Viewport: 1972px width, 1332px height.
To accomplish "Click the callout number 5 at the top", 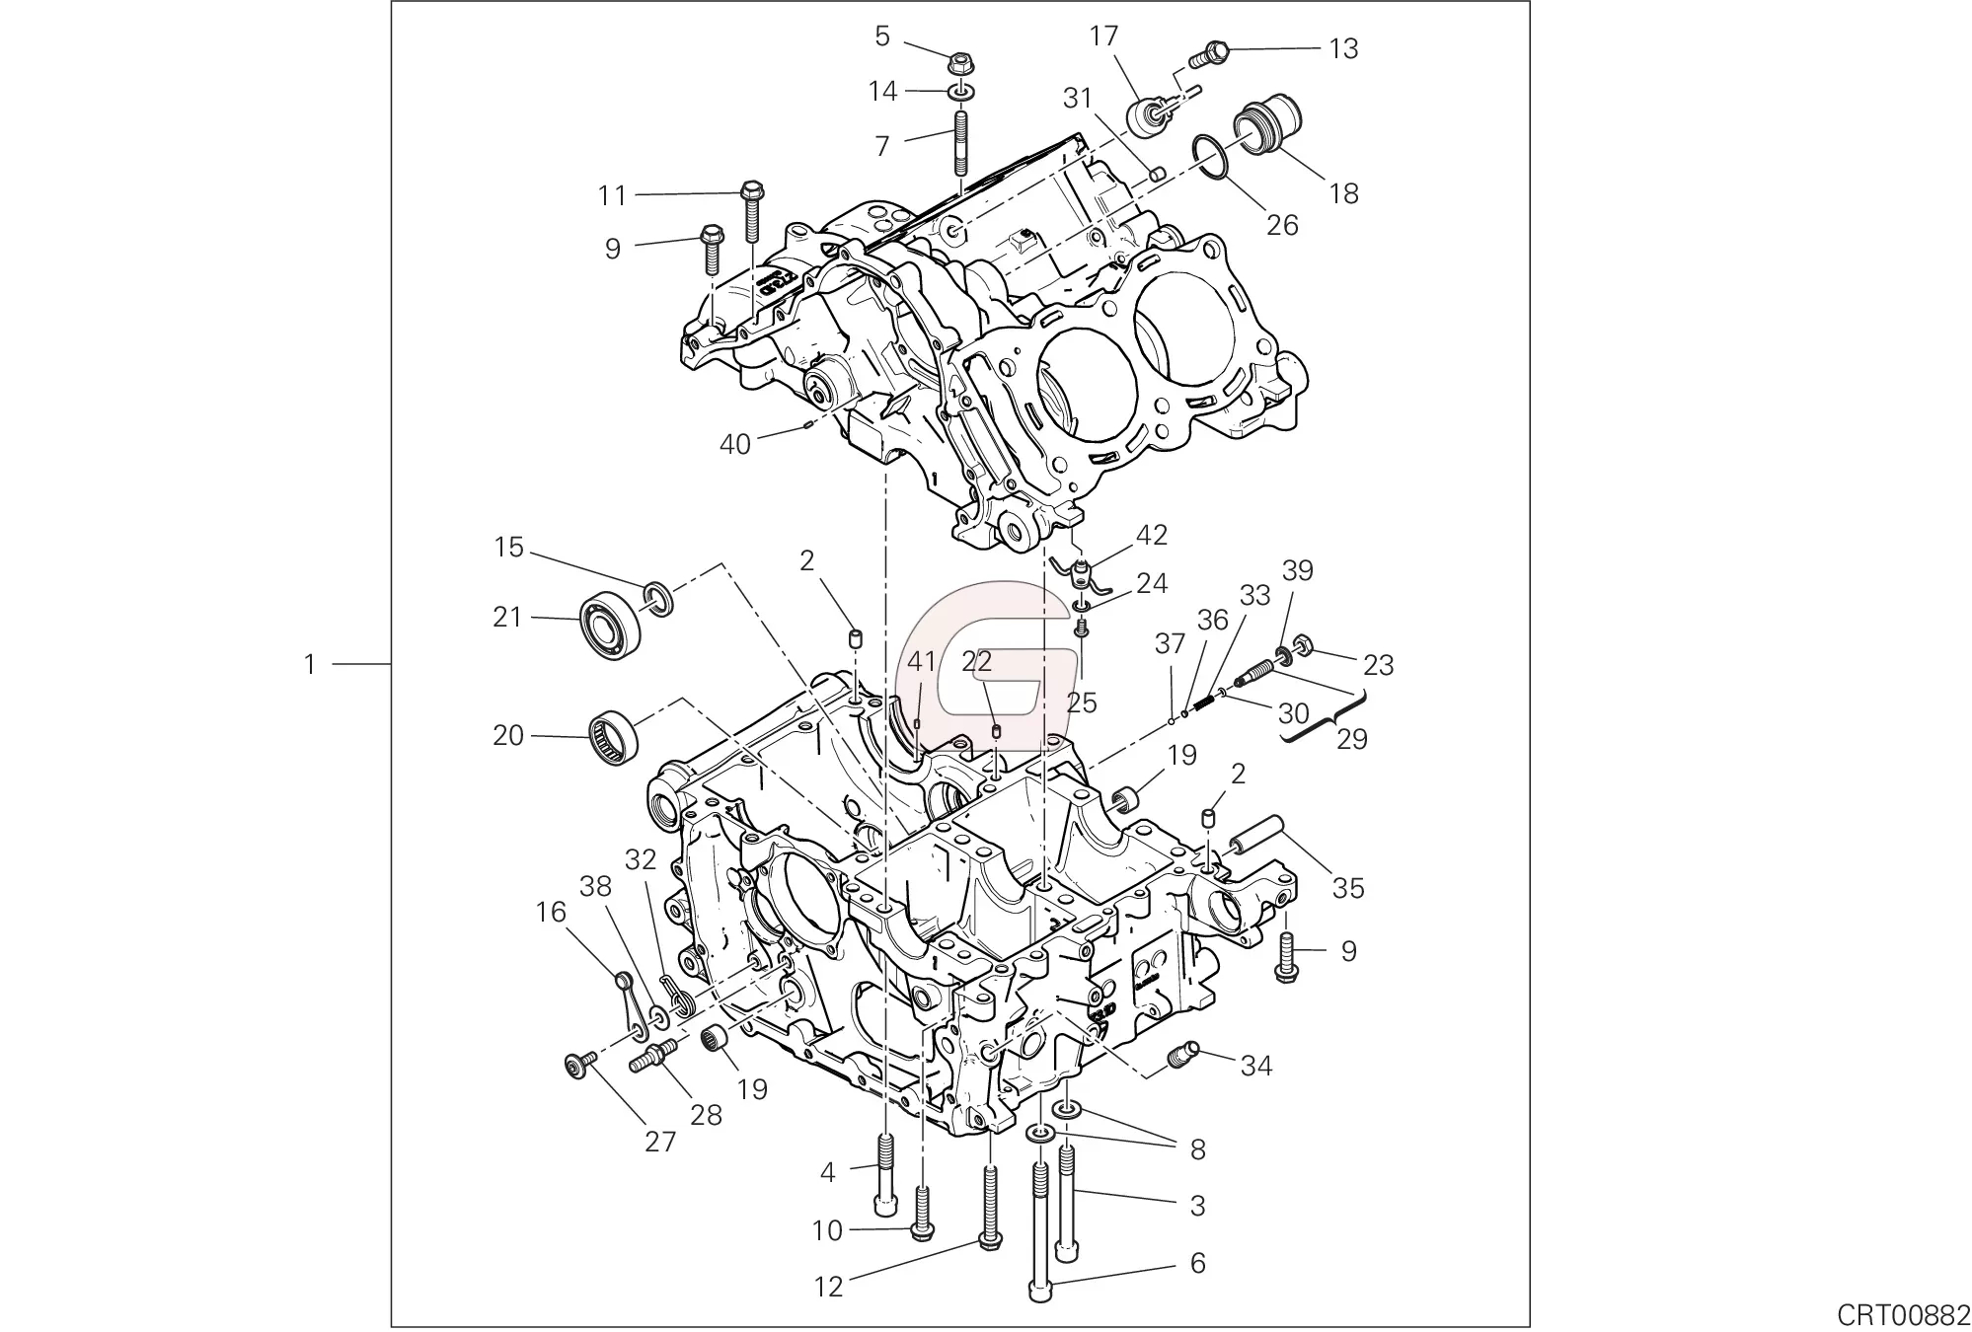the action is (882, 37).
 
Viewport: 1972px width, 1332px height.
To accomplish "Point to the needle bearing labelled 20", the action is (613, 737).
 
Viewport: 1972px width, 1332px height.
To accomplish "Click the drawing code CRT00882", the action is (1903, 1314).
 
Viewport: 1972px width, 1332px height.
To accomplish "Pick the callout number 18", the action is (1344, 193).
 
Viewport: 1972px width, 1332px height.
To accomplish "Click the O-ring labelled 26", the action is (1210, 158).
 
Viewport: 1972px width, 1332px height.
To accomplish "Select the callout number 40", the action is (735, 445).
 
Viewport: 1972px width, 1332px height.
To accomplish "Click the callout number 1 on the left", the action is (310, 665).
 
